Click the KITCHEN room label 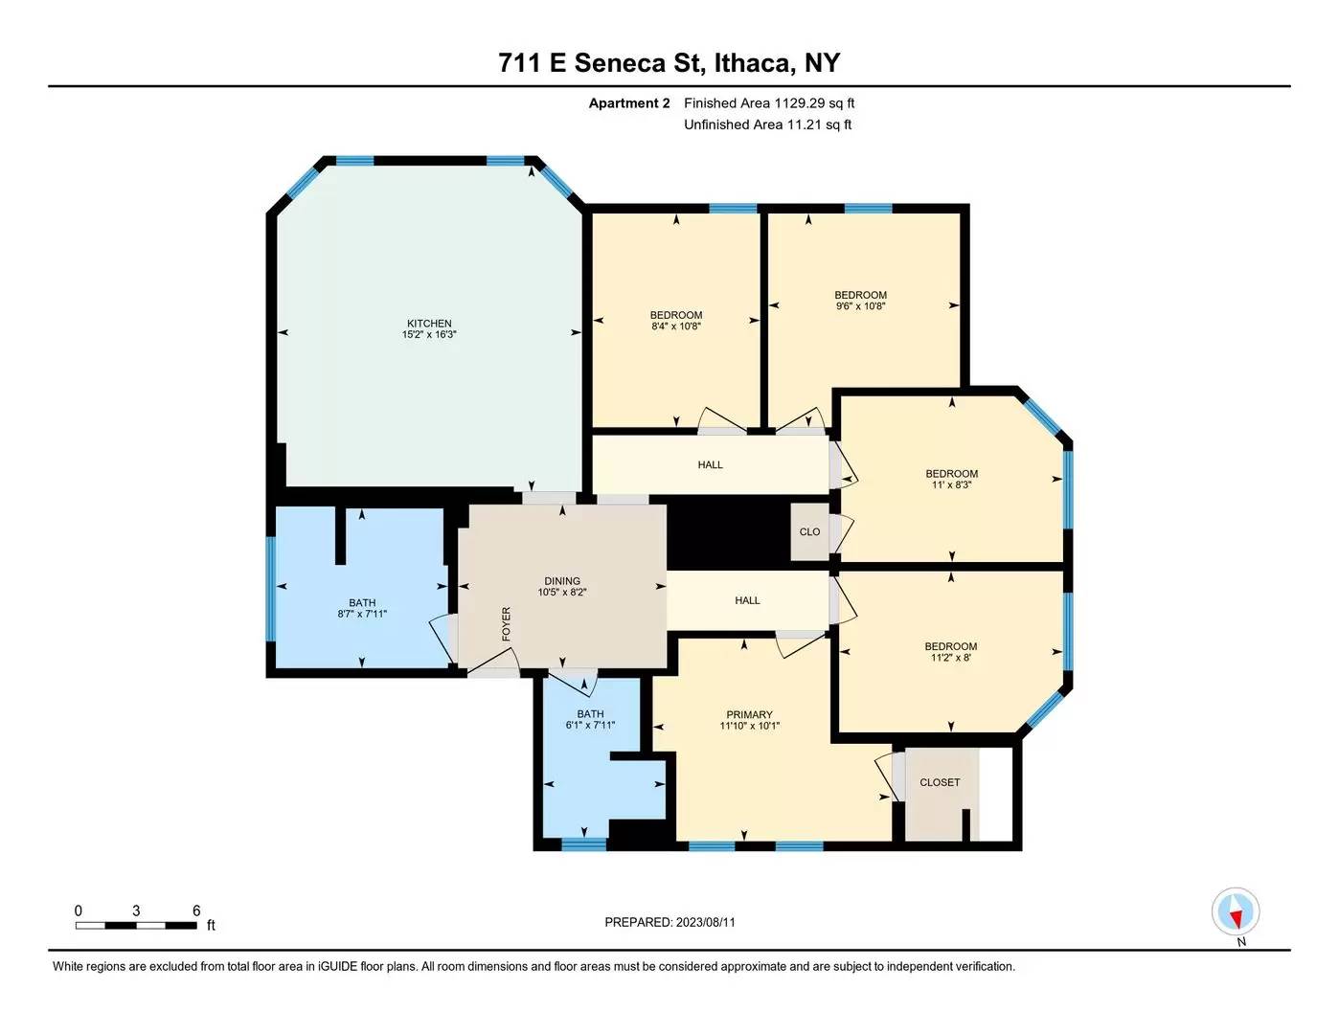[429, 324]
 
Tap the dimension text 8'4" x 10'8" [676, 326]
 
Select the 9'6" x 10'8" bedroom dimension [860, 306]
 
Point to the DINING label [562, 581]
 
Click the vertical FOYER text [507, 624]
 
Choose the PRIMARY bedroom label [749, 714]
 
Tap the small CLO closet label [809, 531]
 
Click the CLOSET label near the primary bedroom [940, 782]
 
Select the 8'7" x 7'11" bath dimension [362, 614]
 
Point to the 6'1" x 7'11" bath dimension [590, 725]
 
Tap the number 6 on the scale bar [196, 910]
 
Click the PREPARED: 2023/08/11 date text [669, 922]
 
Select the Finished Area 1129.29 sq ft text [769, 103]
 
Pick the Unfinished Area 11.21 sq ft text [768, 124]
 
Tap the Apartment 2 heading [629, 103]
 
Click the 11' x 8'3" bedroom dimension [951, 484]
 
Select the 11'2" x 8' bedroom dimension [951, 657]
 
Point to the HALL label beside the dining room [747, 600]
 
